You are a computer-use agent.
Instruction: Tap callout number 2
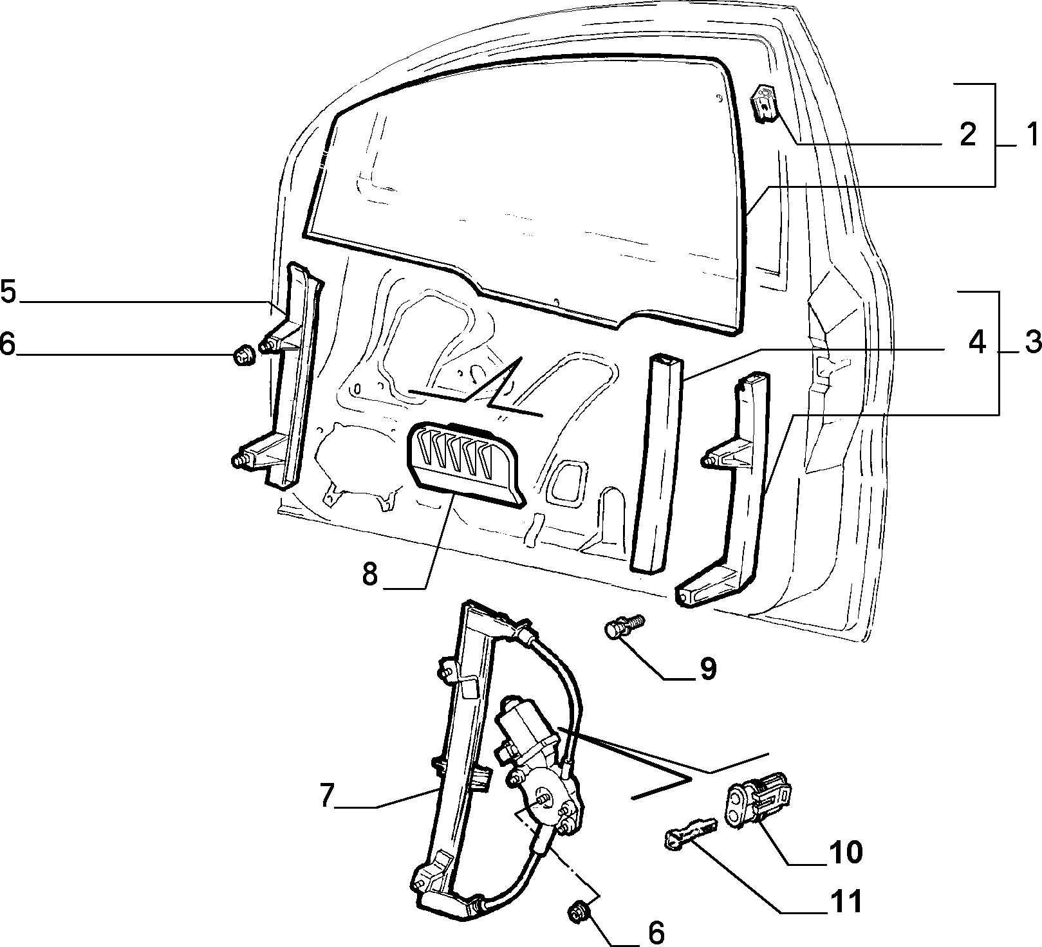point(967,134)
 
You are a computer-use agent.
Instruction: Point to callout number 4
point(976,342)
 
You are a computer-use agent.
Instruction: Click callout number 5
point(8,291)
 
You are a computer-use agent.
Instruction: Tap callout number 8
point(369,575)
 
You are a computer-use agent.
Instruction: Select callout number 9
point(707,669)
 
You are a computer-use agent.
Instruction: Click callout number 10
point(844,852)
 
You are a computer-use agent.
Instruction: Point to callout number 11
point(844,902)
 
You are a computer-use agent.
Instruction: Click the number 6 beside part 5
point(7,344)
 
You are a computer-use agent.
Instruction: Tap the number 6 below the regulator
point(655,932)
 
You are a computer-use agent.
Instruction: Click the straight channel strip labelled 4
point(655,462)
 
